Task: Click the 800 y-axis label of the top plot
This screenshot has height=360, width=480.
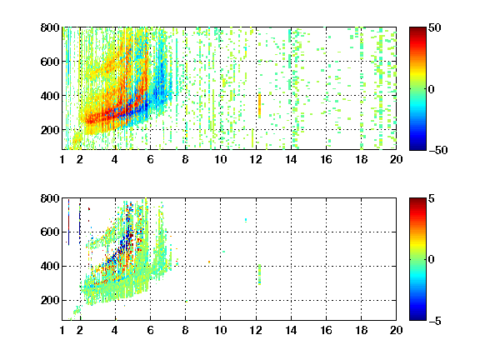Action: click(x=50, y=27)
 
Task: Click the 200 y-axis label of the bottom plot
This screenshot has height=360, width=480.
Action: click(x=50, y=300)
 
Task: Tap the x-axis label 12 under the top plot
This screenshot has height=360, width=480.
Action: click(x=256, y=159)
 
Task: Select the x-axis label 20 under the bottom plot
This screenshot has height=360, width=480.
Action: click(x=396, y=330)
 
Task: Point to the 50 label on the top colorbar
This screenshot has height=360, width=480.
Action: click(x=435, y=27)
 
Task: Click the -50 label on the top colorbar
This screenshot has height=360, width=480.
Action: click(x=438, y=150)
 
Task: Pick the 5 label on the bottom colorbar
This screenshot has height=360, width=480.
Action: click(x=432, y=198)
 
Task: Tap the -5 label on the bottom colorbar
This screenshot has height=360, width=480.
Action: click(x=435, y=321)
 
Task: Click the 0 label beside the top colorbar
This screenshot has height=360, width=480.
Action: click(x=432, y=89)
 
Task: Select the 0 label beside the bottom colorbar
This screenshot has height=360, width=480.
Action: click(x=432, y=260)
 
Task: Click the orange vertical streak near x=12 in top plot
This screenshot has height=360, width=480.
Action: click(x=260, y=105)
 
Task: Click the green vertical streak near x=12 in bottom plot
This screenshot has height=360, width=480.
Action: click(x=260, y=275)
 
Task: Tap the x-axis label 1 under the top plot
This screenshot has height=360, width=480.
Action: click(x=62, y=159)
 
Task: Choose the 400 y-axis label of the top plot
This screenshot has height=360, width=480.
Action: click(x=50, y=96)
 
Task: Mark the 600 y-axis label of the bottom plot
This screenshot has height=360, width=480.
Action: click(x=50, y=232)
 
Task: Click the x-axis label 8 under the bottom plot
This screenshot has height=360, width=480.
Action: click(x=185, y=330)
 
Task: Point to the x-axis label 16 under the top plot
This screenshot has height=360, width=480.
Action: click(x=326, y=159)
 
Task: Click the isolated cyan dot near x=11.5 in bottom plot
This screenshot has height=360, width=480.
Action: click(x=246, y=220)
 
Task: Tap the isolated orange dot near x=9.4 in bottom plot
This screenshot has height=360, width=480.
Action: click(x=209, y=262)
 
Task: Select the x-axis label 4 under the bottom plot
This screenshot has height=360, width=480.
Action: click(x=115, y=330)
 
